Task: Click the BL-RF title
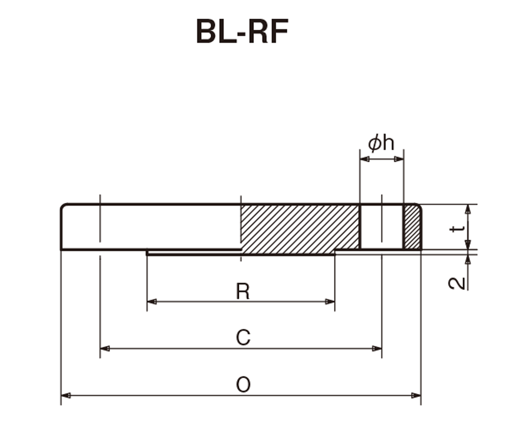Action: point(242,31)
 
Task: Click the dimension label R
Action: point(242,291)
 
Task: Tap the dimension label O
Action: point(243,384)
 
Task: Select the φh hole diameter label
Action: point(381,143)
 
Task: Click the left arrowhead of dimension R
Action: point(152,302)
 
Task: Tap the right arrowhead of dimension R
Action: point(330,302)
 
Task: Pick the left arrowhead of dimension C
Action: point(105,348)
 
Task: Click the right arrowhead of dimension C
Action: point(376,348)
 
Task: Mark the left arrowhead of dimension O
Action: point(66,395)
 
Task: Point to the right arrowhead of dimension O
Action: point(416,395)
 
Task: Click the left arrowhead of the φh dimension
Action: point(365,159)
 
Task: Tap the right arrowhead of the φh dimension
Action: point(399,159)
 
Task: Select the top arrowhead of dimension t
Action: point(468,209)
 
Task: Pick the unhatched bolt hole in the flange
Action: point(382,227)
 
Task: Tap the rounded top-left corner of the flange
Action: point(63,206)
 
